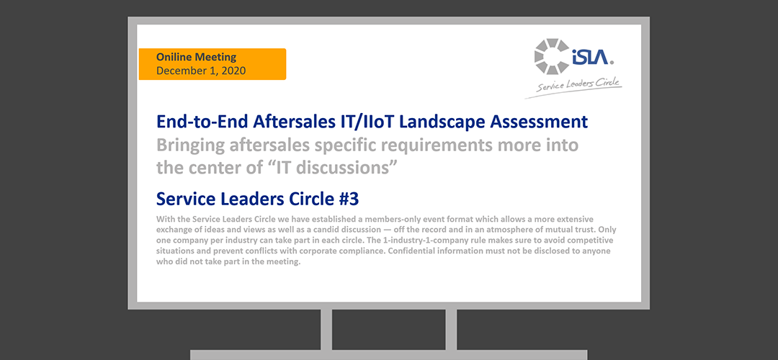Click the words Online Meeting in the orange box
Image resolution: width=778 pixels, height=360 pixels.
(x=196, y=57)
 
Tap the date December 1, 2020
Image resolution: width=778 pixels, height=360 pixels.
(x=201, y=71)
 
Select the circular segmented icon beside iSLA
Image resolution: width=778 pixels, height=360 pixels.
(x=552, y=57)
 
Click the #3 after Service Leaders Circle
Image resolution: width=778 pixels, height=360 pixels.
(x=349, y=199)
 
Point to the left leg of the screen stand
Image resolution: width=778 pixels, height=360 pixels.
(x=326, y=330)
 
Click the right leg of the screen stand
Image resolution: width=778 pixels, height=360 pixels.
(x=451, y=330)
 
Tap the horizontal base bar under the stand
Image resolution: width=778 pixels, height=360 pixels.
(x=389, y=355)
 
